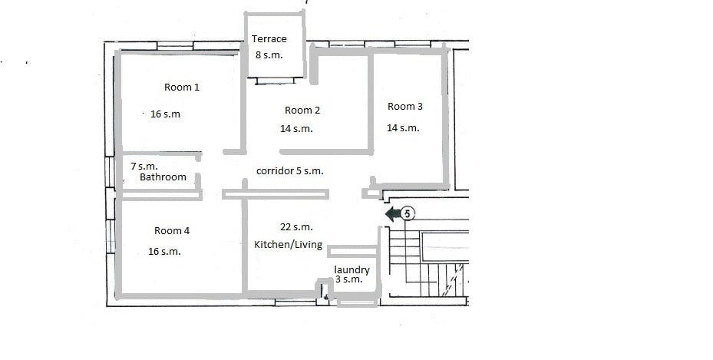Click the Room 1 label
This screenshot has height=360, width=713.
click(x=182, y=87)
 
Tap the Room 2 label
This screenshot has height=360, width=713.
click(x=302, y=110)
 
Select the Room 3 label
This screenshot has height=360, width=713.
click(x=405, y=107)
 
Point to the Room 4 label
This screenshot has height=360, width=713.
click(x=172, y=230)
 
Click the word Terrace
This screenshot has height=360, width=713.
click(x=269, y=38)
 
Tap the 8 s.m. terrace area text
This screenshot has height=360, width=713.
click(x=269, y=55)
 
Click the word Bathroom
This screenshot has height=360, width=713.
click(x=163, y=177)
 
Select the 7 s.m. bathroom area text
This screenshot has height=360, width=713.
click(x=144, y=167)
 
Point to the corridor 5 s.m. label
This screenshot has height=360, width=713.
click(x=289, y=171)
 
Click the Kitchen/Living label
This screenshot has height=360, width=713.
click(x=289, y=245)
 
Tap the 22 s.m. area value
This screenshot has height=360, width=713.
click(x=296, y=226)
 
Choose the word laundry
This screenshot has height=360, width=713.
click(x=352, y=269)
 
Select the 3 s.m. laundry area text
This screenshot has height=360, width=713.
click(x=349, y=279)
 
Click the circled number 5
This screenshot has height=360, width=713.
click(x=408, y=213)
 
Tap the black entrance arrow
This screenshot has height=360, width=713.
click(x=393, y=213)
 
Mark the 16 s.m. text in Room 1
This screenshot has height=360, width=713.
click(x=166, y=114)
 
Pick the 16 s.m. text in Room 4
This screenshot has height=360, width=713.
click(x=164, y=251)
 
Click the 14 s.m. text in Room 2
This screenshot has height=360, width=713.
click(x=296, y=129)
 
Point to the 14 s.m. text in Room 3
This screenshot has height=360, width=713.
click(x=404, y=128)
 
